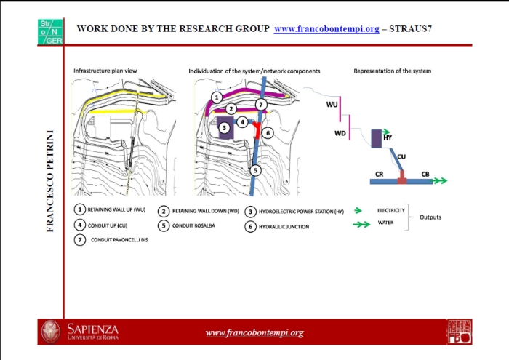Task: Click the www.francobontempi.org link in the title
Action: [326, 29]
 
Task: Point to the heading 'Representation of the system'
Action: [392, 71]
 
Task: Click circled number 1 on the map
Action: [216, 97]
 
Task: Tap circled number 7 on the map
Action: [262, 105]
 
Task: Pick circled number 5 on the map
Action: [255, 169]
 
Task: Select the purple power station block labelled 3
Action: [225, 129]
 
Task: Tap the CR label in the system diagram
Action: [379, 175]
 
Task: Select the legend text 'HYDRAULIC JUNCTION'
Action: [284, 226]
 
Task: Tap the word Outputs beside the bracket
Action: [431, 217]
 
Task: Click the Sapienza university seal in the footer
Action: [51, 331]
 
